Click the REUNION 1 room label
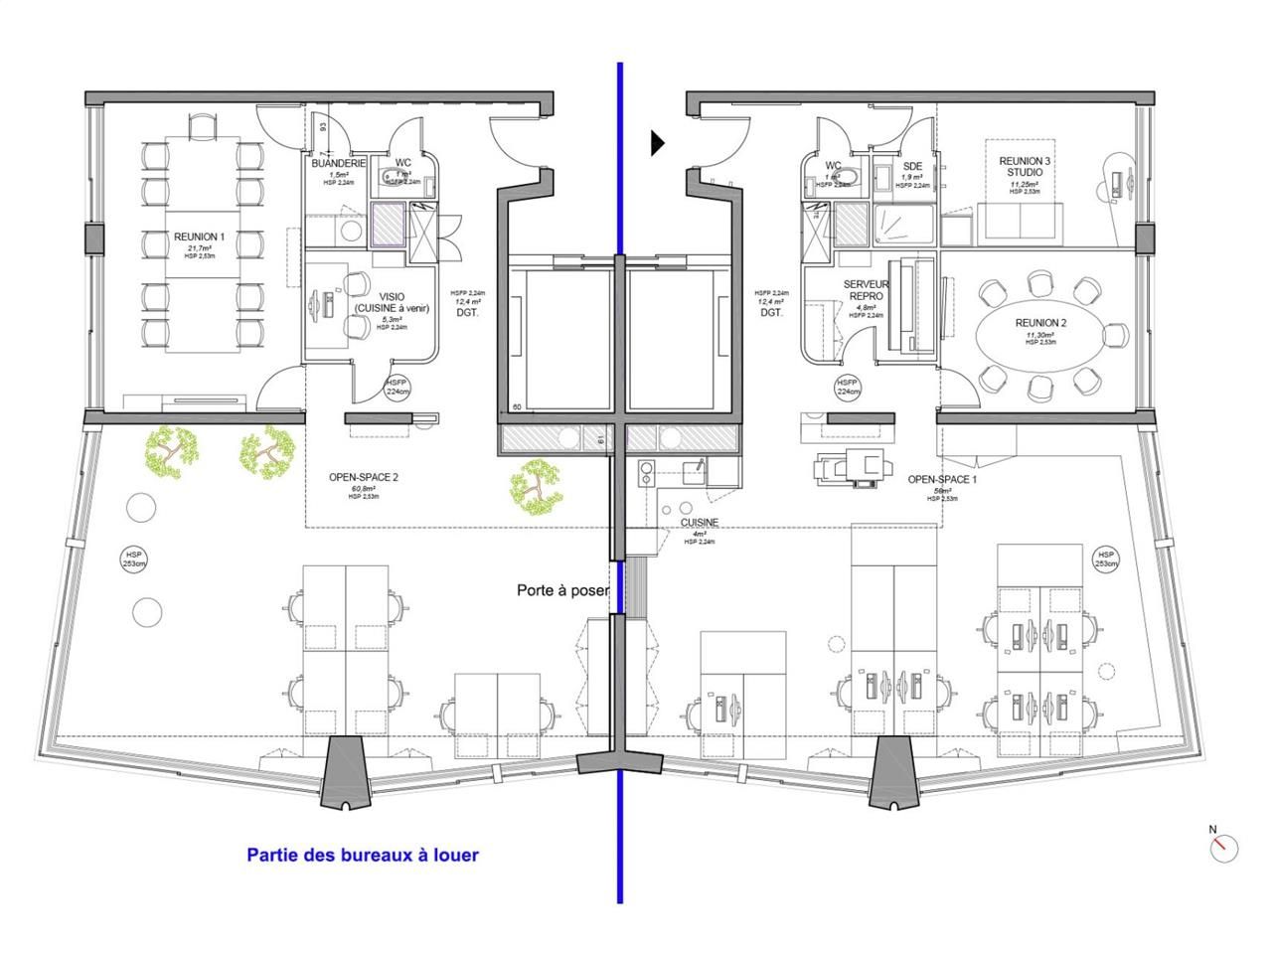click(x=200, y=237)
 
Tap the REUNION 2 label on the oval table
click(x=1040, y=323)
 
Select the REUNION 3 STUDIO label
click(x=1023, y=166)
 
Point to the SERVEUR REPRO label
click(x=866, y=290)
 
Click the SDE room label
click(x=912, y=166)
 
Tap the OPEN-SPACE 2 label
click(x=363, y=477)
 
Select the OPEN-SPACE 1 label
click(x=941, y=479)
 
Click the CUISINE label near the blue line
click(x=701, y=523)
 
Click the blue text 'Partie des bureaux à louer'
click(x=363, y=855)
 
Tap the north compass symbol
click(x=1224, y=847)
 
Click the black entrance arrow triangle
click(x=657, y=143)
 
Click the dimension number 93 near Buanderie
click(x=324, y=127)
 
